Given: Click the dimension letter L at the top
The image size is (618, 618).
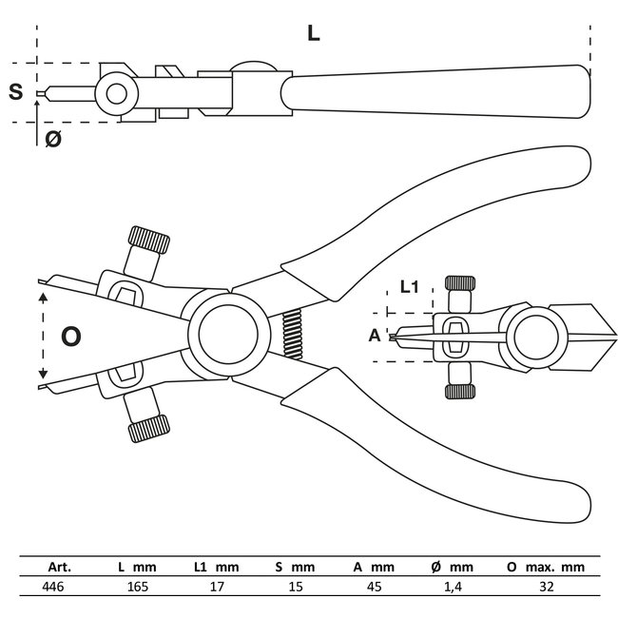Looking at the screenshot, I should tap(314, 33).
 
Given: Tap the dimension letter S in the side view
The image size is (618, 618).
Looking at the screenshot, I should tap(15, 92).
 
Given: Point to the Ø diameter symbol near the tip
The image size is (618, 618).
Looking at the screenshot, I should tap(53, 139).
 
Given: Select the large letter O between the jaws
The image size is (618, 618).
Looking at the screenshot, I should tap(71, 336).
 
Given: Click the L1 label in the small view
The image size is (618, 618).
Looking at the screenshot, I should tap(411, 285).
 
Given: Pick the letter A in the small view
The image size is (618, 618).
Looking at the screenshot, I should tap(374, 335).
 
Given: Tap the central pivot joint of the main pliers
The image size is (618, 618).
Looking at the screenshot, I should tap(228, 335).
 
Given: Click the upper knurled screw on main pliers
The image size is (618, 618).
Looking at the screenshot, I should tap(149, 241).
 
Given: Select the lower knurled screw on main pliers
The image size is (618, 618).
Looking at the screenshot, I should tap(148, 429).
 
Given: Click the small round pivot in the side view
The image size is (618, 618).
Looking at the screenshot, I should tap(117, 92).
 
